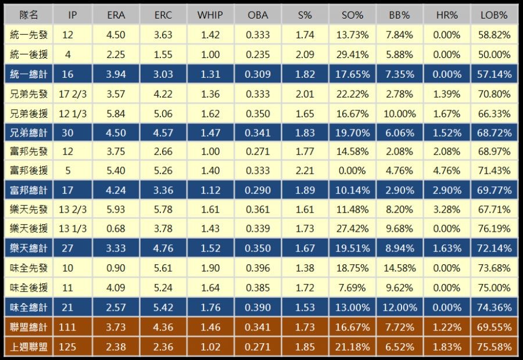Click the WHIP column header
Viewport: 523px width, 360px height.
pyautogui.click(x=210, y=15)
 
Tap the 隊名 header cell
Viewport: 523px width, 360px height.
pyautogui.click(x=28, y=15)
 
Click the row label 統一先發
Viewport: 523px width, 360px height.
pyautogui.click(x=28, y=35)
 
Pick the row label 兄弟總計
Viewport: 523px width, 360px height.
pyautogui.click(x=28, y=132)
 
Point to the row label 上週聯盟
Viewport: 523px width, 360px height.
pyautogui.click(x=28, y=347)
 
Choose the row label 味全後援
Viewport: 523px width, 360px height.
pyautogui.click(x=28, y=287)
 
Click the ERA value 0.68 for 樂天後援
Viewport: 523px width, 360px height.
pyautogui.click(x=116, y=229)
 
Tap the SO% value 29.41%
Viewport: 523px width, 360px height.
pyautogui.click(x=352, y=55)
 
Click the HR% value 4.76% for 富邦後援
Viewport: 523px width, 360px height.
pyautogui.click(x=447, y=171)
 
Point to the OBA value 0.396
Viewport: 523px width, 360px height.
pyautogui.click(x=257, y=268)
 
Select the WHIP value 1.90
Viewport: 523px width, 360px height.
pyautogui.click(x=210, y=268)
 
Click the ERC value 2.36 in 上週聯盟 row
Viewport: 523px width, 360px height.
pyautogui.click(x=163, y=347)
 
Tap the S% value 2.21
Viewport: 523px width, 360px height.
pyautogui.click(x=305, y=171)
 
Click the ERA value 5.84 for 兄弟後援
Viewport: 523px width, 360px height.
pyautogui.click(x=116, y=113)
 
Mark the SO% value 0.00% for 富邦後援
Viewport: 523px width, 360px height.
pyautogui.click(x=352, y=171)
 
